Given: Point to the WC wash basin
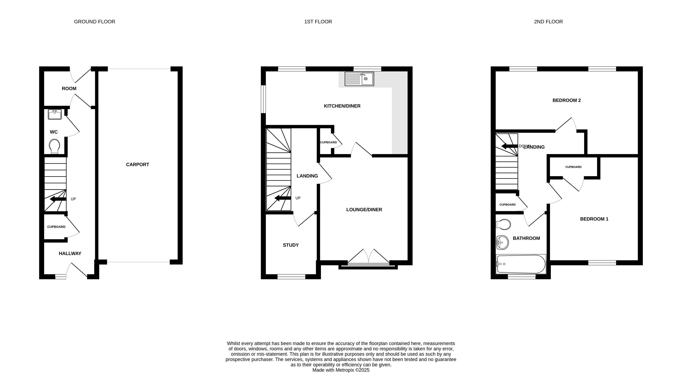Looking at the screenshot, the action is coord(55,114).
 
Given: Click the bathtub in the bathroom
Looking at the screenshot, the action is coord(521,264).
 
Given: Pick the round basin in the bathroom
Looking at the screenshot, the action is coord(503,242).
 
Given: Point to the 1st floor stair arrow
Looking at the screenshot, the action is coord(283,198).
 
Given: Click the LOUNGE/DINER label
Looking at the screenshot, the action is coord(364,210).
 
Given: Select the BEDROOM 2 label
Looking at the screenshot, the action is coord(566,100).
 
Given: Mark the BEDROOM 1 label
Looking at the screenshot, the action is coord(594,219).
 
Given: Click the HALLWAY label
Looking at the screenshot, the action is coord(70,254).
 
